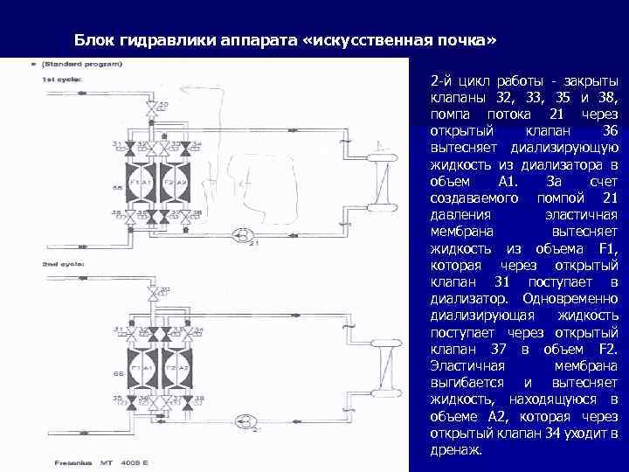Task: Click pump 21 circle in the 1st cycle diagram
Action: (244, 235)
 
